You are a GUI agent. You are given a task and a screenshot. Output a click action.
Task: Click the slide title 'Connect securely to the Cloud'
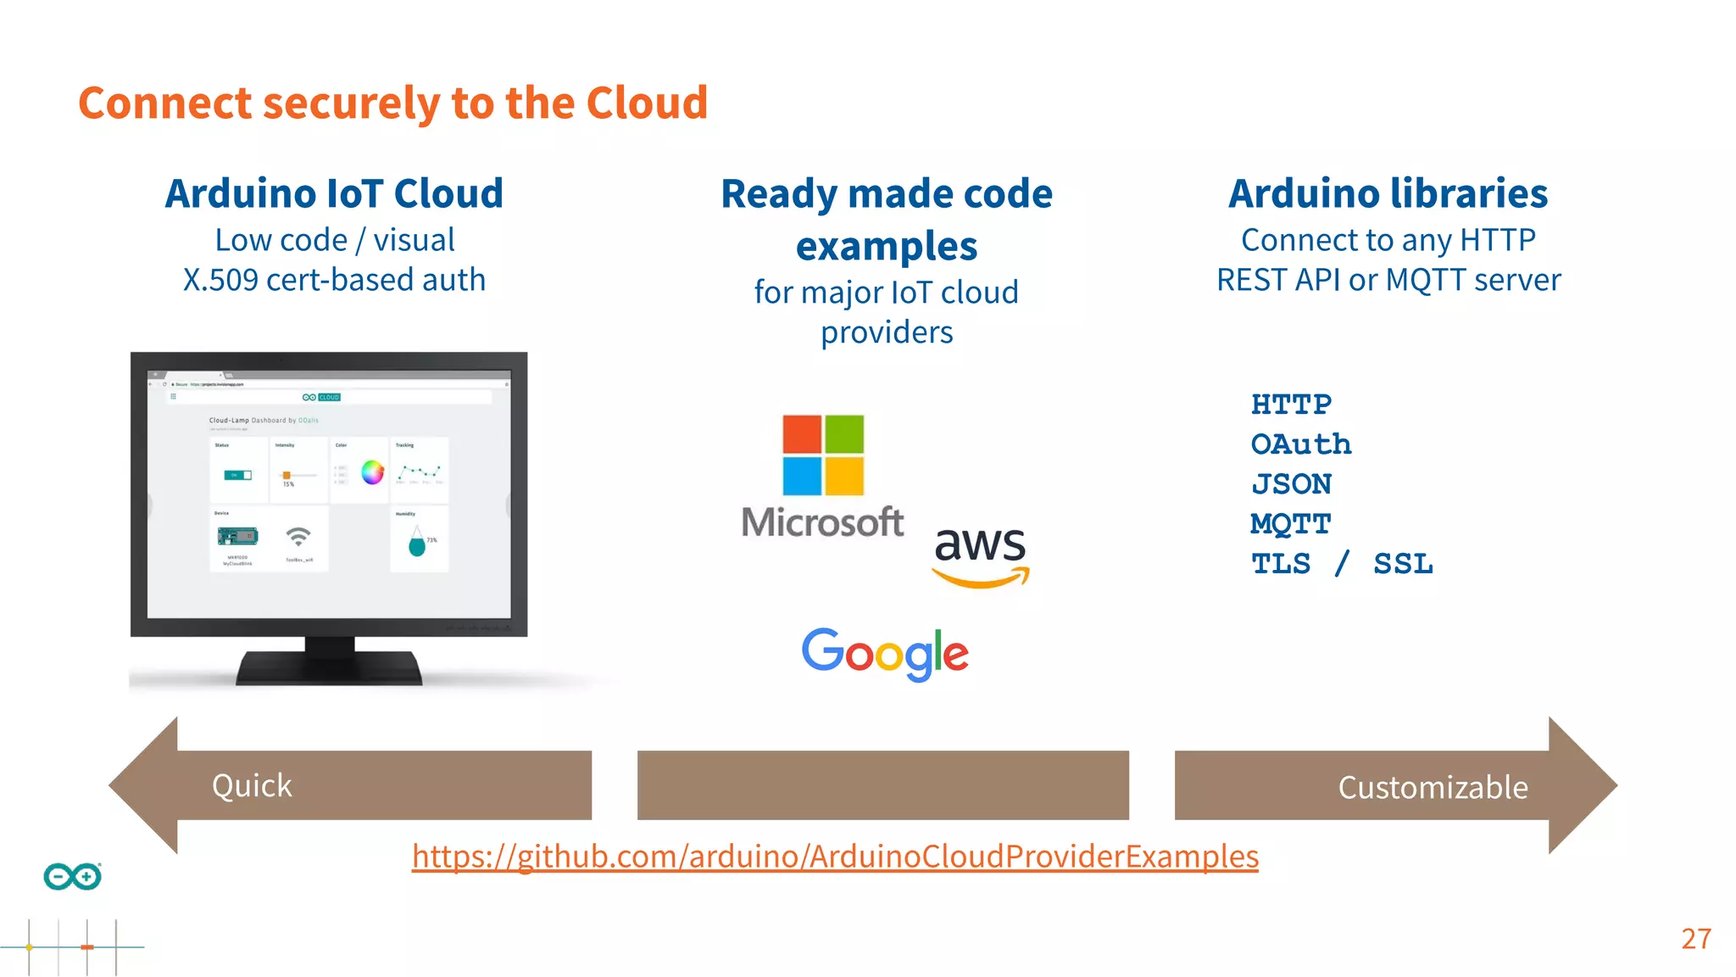tap(392, 103)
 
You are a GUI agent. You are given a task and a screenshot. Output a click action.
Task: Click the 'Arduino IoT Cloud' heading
tap(334, 193)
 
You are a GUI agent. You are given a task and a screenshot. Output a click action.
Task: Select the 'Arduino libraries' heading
tap(1388, 193)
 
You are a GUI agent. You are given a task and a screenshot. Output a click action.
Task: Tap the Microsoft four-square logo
tap(822, 455)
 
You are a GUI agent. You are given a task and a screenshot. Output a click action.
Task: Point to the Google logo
tap(885, 654)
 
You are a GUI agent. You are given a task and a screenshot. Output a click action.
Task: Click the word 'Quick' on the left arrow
tap(252, 786)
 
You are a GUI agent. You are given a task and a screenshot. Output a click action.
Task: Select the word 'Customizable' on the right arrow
tap(1433, 788)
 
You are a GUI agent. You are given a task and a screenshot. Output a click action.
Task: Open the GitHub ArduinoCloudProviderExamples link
tap(835, 857)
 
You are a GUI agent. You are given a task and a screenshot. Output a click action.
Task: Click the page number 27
tap(1696, 939)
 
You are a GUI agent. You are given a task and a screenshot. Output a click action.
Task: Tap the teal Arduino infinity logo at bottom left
tap(73, 876)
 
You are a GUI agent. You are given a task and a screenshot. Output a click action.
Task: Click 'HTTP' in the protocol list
tap(1291, 405)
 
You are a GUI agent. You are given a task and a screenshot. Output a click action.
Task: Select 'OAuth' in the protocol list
tap(1301, 444)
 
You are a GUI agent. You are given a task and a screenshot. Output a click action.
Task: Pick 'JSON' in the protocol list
tap(1291, 484)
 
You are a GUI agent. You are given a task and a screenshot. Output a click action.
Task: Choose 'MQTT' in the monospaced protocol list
tap(1291, 524)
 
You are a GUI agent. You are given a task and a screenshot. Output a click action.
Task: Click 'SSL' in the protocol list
tap(1403, 564)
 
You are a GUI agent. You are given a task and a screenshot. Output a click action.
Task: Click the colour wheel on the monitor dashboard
tap(372, 472)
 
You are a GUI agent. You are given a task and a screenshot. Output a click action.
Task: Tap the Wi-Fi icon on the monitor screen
tap(298, 537)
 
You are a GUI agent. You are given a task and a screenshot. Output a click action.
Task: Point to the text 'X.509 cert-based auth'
tap(334, 280)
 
